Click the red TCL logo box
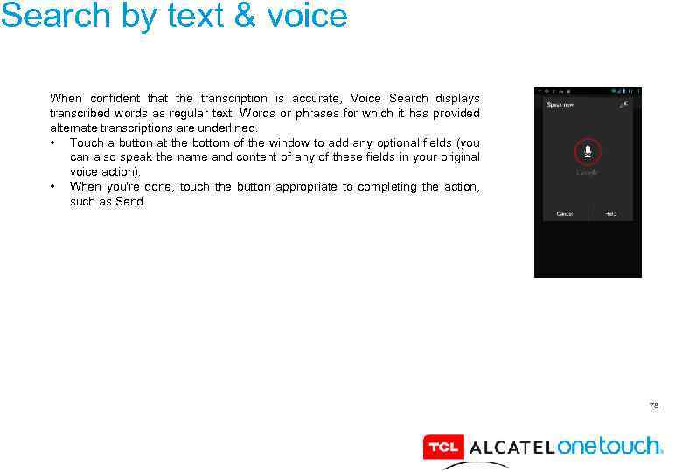click(x=442, y=447)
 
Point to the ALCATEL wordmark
click(x=511, y=448)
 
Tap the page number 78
click(x=653, y=406)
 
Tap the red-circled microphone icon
click(x=588, y=152)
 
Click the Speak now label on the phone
click(x=561, y=105)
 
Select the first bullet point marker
click(x=54, y=142)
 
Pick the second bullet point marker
click(x=54, y=186)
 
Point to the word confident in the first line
click(x=120, y=98)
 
